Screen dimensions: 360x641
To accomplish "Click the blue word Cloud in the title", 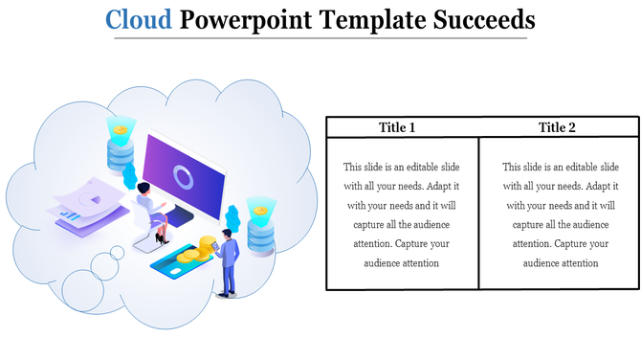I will click(x=139, y=19).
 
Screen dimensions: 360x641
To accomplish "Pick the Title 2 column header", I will click(x=557, y=127).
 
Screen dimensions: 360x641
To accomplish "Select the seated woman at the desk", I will click(x=150, y=212).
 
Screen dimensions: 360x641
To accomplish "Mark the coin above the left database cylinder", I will click(x=121, y=130).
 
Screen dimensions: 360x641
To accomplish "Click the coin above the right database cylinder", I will click(x=258, y=210).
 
